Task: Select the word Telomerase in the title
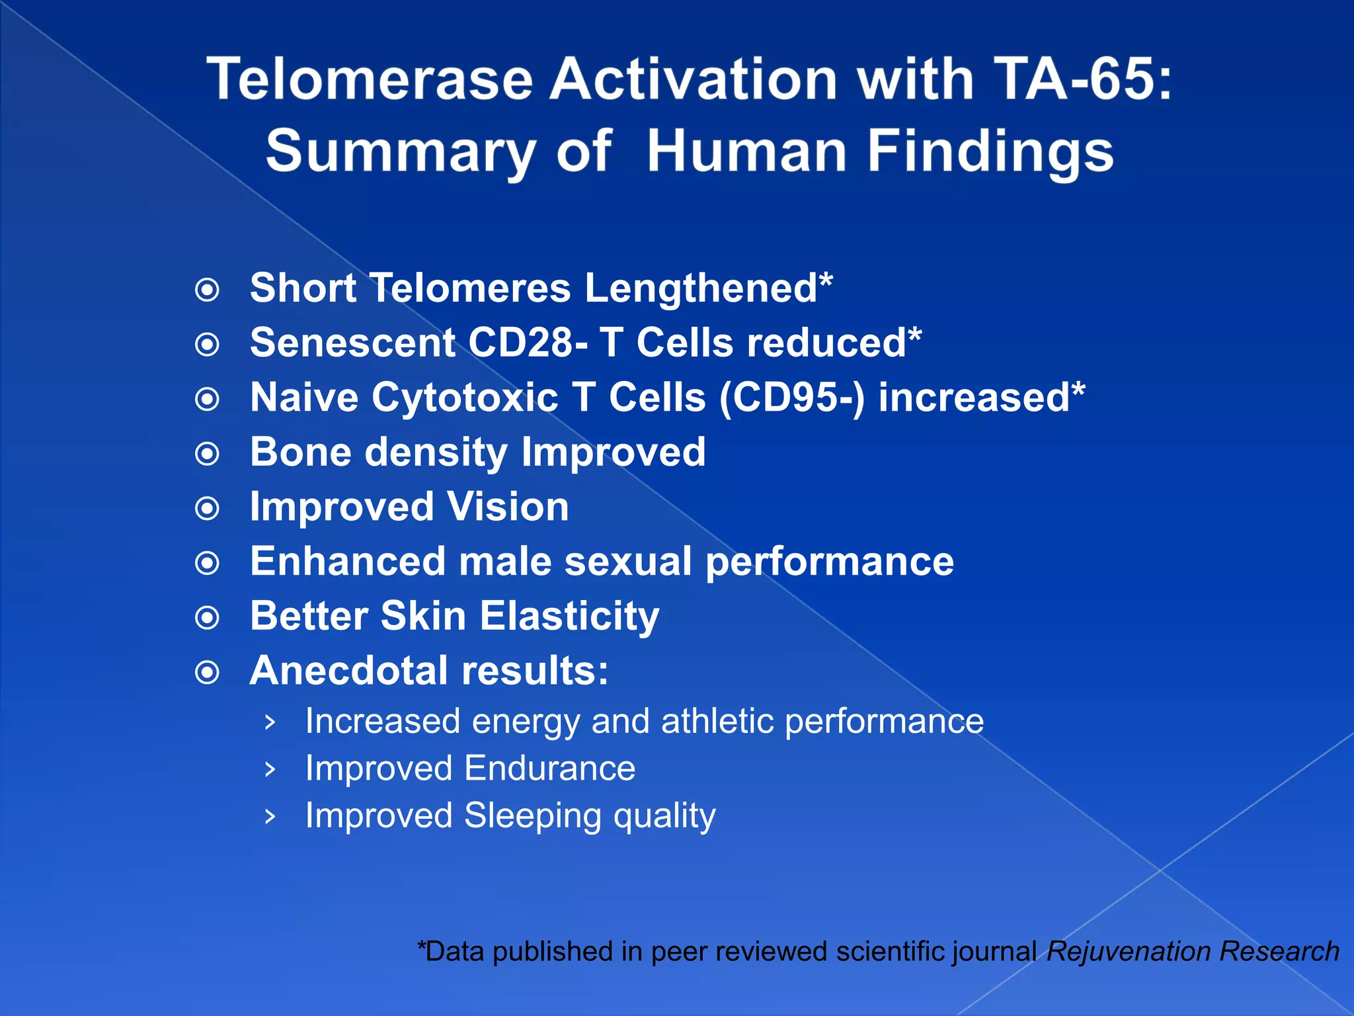point(370,79)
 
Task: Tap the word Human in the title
point(746,151)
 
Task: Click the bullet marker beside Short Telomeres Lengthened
point(208,290)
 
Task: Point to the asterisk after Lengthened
point(826,281)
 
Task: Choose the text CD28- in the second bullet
point(528,343)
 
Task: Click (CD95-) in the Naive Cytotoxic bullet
point(791,398)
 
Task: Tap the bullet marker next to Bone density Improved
point(208,454)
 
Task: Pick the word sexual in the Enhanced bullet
point(627,562)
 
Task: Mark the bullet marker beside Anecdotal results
point(208,673)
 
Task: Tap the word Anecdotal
point(348,671)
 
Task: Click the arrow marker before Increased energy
point(269,722)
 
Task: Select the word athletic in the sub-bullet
point(717,721)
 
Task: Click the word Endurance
point(549,769)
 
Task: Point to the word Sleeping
point(532,816)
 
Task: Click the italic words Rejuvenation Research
point(1193,951)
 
